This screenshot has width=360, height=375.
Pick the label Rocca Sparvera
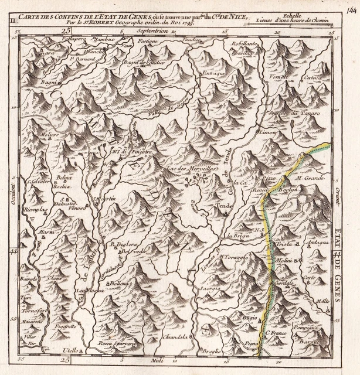117,343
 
